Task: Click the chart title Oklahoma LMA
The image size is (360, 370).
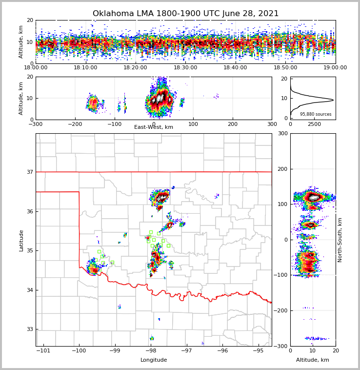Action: click(185, 14)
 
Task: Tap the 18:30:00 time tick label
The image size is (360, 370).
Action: click(185, 68)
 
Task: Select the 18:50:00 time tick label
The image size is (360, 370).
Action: click(285, 68)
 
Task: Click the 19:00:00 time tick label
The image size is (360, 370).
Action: click(335, 68)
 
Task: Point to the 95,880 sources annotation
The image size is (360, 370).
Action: click(316, 114)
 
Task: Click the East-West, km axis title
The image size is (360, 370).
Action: click(154, 127)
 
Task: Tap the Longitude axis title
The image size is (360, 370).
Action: click(154, 360)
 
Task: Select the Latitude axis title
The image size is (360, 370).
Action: click(21, 240)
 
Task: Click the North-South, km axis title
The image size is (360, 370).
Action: click(340, 240)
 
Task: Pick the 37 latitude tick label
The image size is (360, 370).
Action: click(29, 172)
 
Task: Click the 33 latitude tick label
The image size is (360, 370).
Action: click(29, 329)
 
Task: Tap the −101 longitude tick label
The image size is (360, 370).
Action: click(43, 350)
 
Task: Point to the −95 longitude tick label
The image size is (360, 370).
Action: click(258, 350)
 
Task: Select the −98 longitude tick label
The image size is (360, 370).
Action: click(151, 350)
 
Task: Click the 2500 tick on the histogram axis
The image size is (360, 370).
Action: click(315, 124)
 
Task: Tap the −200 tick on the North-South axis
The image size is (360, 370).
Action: click(282, 310)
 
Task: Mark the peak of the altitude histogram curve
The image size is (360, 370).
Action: click(333, 100)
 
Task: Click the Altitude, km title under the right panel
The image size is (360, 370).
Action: click(313, 360)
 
